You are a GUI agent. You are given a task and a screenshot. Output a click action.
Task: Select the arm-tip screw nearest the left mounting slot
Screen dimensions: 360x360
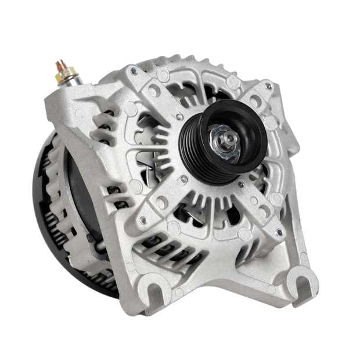pyautogui.click(x=142, y=219)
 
